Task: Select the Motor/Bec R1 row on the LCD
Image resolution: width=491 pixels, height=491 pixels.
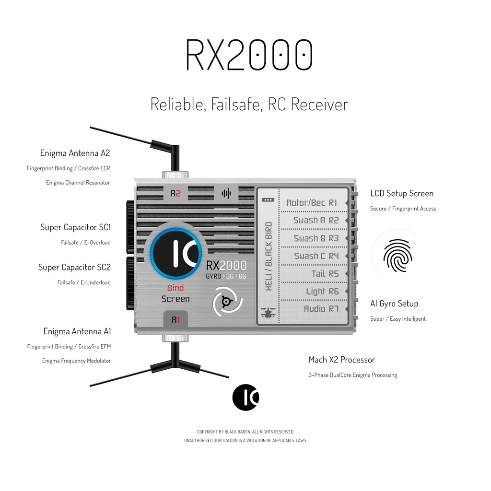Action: (312, 203)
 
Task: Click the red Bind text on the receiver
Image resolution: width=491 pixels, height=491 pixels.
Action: (175, 288)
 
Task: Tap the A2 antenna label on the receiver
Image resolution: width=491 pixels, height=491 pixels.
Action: (175, 194)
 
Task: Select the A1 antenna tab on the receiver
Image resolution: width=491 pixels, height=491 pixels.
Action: (175, 320)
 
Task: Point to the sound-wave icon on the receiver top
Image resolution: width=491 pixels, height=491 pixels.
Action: (226, 194)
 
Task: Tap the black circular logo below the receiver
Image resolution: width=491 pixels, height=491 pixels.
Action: (245, 397)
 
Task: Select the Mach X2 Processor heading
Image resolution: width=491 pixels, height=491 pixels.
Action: (341, 360)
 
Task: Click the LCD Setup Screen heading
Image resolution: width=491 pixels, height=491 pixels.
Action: (401, 194)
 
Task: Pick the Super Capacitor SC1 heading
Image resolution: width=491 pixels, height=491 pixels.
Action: (75, 227)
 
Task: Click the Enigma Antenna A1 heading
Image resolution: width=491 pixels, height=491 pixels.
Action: (77, 331)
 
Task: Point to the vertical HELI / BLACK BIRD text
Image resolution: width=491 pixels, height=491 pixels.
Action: (269, 256)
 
